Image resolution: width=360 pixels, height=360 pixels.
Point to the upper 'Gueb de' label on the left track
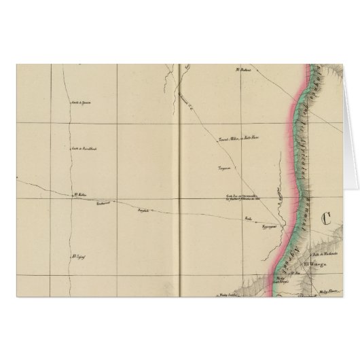point(81,103)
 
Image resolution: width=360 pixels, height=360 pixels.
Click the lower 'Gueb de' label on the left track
point(81,148)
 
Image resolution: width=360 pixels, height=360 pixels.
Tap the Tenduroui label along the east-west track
point(102,202)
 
